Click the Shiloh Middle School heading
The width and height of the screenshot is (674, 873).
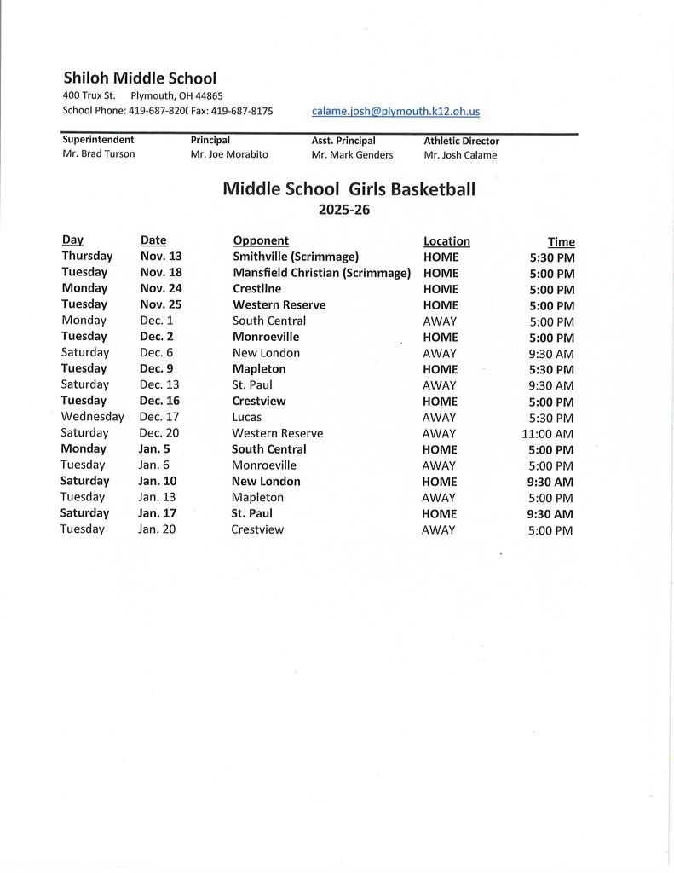140,78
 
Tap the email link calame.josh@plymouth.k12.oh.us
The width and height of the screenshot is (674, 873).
395,111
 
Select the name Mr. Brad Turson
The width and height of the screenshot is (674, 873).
99,154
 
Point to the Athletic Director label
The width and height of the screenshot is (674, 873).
461,141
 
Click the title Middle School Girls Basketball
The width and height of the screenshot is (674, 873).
349,188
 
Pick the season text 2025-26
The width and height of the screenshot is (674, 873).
344,210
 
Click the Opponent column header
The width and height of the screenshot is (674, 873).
261,240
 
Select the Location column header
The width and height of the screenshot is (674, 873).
446,241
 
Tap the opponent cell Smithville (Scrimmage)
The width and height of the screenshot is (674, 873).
296,257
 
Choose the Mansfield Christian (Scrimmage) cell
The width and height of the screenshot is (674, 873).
321,273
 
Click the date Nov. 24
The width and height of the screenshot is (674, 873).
161,288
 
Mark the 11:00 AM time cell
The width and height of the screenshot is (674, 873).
548,434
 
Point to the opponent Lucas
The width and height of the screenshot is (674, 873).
246,417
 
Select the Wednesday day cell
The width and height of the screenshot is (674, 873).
92,417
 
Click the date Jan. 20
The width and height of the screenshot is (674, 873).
157,529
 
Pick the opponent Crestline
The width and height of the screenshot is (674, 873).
256,289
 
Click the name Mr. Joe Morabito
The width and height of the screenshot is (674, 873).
229,154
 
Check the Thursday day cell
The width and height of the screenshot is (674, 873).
87,256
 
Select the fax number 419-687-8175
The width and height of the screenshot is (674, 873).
242,111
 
